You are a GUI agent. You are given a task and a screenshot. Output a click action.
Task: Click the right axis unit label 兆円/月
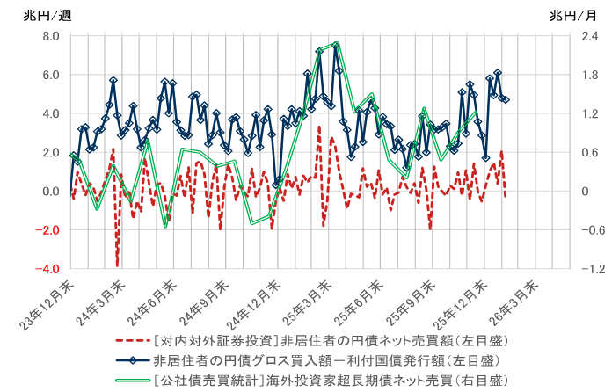coord(572,15)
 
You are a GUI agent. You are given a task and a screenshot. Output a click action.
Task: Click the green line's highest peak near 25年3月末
coord(337,43)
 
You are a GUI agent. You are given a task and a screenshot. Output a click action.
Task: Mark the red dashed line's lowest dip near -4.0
coord(117,265)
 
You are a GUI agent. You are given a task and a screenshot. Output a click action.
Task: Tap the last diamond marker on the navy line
coord(506,100)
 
